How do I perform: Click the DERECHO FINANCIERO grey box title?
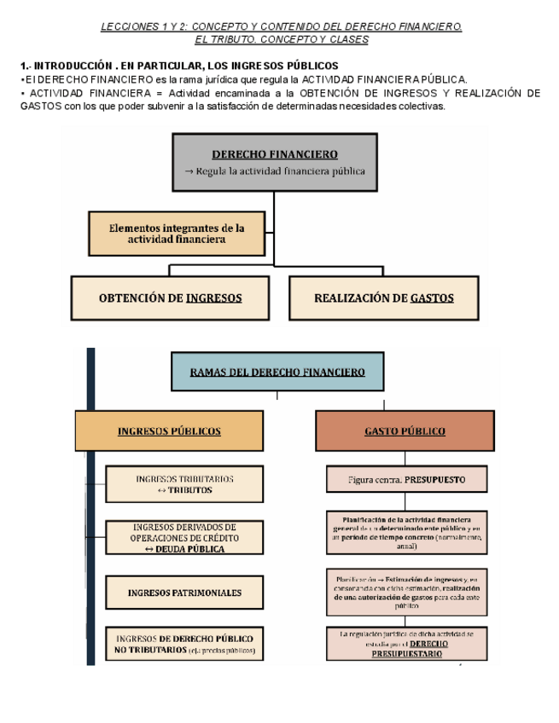(274, 154)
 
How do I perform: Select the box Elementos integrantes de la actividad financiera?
(177, 234)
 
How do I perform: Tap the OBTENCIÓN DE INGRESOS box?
(170, 298)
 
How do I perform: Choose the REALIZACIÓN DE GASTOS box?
(383, 298)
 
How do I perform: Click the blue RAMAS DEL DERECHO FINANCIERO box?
(277, 373)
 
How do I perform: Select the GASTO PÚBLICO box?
(405, 431)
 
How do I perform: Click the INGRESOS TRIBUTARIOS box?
(184, 484)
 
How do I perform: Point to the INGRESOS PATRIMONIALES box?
(184, 593)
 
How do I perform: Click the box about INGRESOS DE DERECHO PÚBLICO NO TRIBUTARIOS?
(184, 644)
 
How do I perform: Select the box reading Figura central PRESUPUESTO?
(406, 480)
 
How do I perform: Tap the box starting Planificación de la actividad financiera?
(406, 531)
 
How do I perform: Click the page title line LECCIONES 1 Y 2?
(281, 27)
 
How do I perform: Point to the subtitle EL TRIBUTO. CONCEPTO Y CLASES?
(281, 40)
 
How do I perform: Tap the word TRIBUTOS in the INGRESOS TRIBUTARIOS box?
(190, 490)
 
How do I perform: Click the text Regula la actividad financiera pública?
(274, 171)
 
